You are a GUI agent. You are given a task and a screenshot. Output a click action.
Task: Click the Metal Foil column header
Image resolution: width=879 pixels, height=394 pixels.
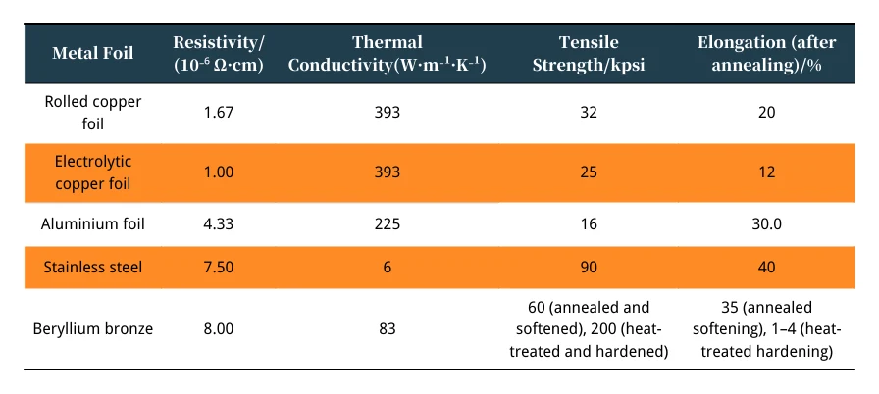93,53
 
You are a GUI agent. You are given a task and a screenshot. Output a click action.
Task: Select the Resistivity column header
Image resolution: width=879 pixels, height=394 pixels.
219,53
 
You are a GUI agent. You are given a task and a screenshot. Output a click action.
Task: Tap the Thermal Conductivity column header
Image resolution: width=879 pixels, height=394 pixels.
388,53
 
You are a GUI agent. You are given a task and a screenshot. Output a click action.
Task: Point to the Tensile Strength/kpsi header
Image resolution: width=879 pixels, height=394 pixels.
589,53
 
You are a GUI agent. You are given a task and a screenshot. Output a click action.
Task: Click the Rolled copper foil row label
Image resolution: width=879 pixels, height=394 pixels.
93,113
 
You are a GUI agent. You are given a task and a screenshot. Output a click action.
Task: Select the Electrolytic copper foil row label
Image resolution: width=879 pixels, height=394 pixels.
93,172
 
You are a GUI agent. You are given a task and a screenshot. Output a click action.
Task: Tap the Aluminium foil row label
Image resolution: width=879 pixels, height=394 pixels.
93,224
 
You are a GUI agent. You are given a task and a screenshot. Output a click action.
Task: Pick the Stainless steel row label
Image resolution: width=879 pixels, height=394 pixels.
93,267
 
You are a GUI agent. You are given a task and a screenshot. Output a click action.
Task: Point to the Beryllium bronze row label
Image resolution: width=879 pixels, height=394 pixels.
93,329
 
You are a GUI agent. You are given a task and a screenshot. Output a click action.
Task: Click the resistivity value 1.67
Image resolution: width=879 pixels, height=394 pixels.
218,113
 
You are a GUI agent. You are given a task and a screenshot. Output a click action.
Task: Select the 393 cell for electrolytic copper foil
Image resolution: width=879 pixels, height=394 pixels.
388,172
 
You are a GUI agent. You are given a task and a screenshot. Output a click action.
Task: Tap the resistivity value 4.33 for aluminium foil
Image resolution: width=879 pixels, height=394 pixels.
218,224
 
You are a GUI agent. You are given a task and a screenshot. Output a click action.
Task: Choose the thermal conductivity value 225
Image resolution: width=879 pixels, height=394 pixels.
388,224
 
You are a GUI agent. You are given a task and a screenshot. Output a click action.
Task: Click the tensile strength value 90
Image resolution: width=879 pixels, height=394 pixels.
589,267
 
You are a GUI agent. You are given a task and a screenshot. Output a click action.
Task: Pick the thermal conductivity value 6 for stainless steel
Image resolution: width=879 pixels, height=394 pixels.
388,267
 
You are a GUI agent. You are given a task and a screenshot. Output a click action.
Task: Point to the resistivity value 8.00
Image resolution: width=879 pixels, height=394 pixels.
218,329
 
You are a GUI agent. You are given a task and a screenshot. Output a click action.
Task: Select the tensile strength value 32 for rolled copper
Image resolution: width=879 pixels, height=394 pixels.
589,113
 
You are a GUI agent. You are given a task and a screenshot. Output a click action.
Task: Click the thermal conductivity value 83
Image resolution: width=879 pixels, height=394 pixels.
388,329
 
